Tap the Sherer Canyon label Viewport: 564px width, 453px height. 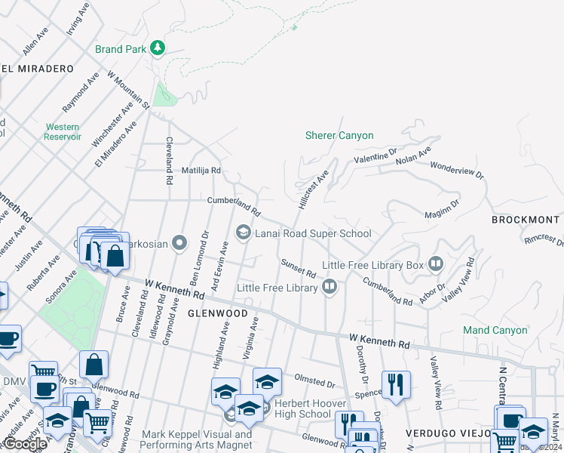pos(339,136)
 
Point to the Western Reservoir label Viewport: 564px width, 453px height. pos(63,132)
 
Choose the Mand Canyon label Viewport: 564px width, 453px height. pos(495,330)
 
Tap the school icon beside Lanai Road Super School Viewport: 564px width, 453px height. pos(244,233)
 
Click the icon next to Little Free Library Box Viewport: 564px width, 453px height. pos(435,264)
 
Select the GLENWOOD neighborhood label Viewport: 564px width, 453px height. pos(217,313)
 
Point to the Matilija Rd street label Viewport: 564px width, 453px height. pos(201,171)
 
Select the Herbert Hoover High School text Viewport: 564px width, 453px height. pos(302,408)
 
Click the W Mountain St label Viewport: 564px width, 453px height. pos(129,90)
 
